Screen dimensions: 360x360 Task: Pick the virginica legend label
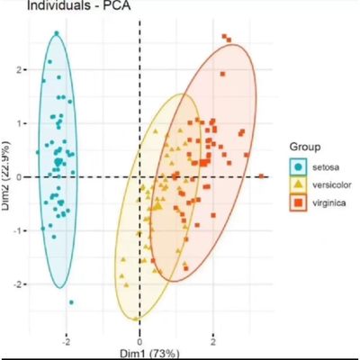[328, 204]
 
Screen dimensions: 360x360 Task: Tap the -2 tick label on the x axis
[65, 342]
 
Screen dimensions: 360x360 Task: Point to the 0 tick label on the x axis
[139, 342]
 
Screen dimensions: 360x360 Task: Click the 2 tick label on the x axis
[212, 342]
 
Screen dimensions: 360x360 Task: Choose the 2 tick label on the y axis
[16, 68]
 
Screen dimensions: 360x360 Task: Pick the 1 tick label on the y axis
[16, 122]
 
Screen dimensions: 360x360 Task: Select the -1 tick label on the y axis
[13, 230]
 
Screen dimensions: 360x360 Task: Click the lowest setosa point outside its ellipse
[71, 302]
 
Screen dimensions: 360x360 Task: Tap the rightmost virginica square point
[261, 176]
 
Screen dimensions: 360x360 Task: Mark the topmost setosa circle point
[56, 34]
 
